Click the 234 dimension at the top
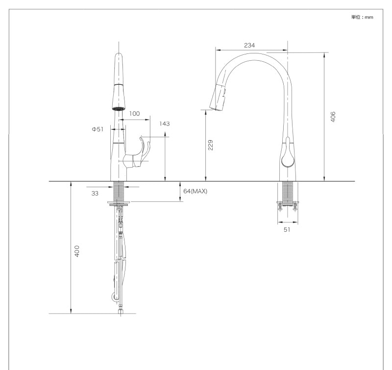point(249,45)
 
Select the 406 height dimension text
point(333,117)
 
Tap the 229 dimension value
point(210,146)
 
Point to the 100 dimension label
point(134,113)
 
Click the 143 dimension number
point(164,123)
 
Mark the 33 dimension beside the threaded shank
point(95,193)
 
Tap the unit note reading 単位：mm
point(363,17)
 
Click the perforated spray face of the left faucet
point(118,108)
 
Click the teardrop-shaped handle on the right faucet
point(287,157)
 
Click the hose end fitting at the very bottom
point(119,311)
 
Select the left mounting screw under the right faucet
point(280,206)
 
